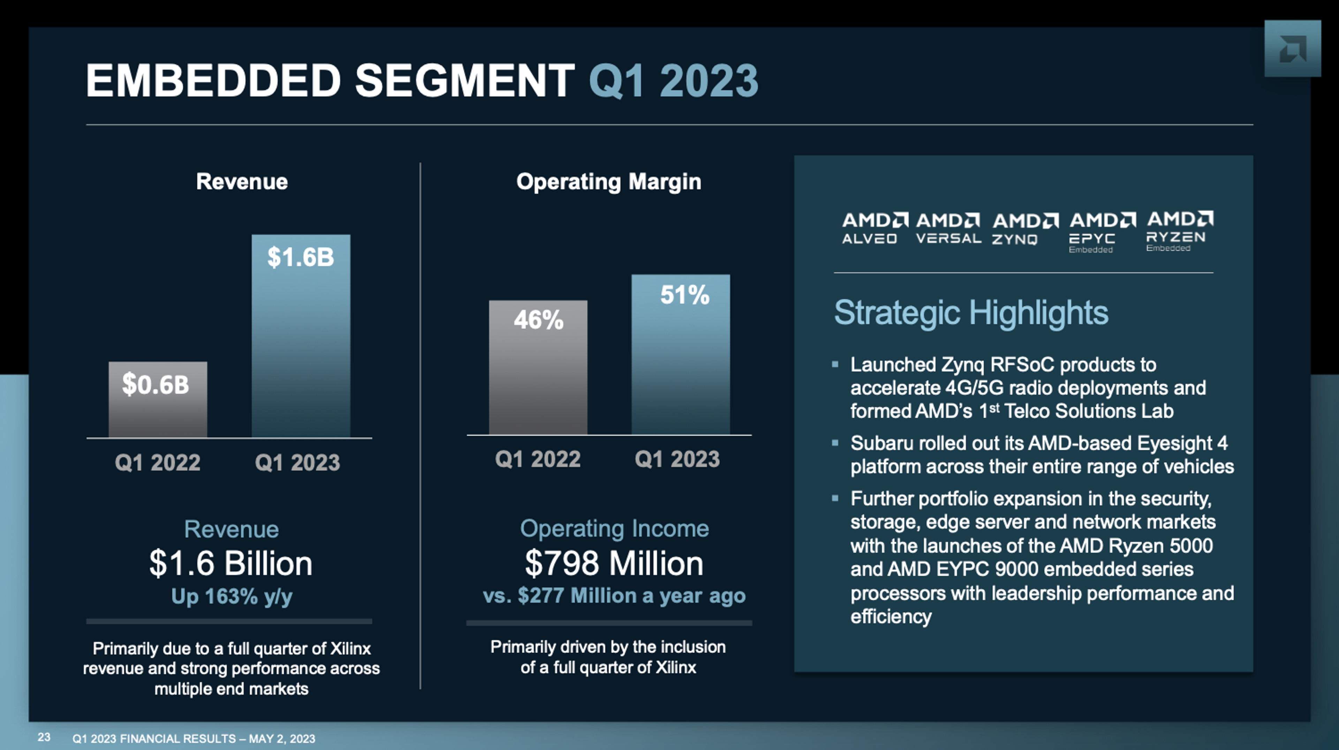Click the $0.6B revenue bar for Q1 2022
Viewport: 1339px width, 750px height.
point(158,399)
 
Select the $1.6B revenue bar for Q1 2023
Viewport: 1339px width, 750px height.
point(301,336)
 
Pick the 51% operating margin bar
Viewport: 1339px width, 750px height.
point(680,354)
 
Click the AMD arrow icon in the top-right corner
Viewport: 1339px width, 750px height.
point(1292,49)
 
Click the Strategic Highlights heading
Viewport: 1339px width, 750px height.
point(970,313)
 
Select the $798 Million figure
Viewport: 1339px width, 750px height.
point(614,564)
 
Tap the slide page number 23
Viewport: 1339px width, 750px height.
point(44,737)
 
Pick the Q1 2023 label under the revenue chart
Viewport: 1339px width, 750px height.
point(297,462)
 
